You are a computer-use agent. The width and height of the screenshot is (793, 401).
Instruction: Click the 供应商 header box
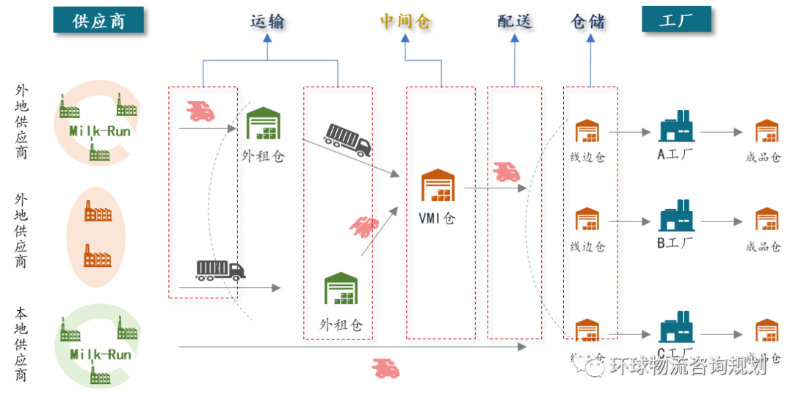[x=98, y=20]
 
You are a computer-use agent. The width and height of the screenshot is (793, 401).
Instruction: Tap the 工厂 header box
[x=676, y=19]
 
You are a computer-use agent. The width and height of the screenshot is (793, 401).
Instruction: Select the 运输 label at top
[x=267, y=21]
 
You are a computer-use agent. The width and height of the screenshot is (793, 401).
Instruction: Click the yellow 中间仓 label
[x=405, y=21]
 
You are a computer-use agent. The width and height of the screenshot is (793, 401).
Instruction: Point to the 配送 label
[x=515, y=21]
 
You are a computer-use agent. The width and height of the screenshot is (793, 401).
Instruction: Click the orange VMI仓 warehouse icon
[x=438, y=185]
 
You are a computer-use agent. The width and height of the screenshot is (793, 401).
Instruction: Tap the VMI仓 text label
[x=438, y=218]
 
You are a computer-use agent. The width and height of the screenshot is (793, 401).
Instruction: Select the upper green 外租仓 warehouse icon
[x=263, y=123]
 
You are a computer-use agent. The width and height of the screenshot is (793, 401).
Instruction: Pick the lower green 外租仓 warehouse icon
[x=341, y=288]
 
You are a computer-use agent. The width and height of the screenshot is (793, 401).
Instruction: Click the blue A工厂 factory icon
[x=676, y=126]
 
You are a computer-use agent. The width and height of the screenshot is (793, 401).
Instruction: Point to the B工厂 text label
[x=676, y=243]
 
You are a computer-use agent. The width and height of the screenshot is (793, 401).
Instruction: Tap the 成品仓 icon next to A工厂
[x=767, y=130]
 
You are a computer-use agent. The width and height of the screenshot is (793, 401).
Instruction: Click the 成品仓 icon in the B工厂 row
[x=767, y=218]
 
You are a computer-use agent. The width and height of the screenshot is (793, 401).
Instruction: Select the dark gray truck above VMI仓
[x=348, y=139]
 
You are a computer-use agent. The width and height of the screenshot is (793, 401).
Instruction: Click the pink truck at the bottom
[x=385, y=368]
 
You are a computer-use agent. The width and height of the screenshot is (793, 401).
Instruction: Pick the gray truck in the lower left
[x=220, y=270]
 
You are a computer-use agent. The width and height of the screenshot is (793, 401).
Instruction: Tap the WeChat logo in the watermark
[x=588, y=362]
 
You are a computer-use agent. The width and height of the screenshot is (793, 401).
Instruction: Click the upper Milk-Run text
[x=101, y=131]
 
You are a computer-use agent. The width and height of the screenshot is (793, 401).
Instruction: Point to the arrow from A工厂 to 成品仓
[x=721, y=132]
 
